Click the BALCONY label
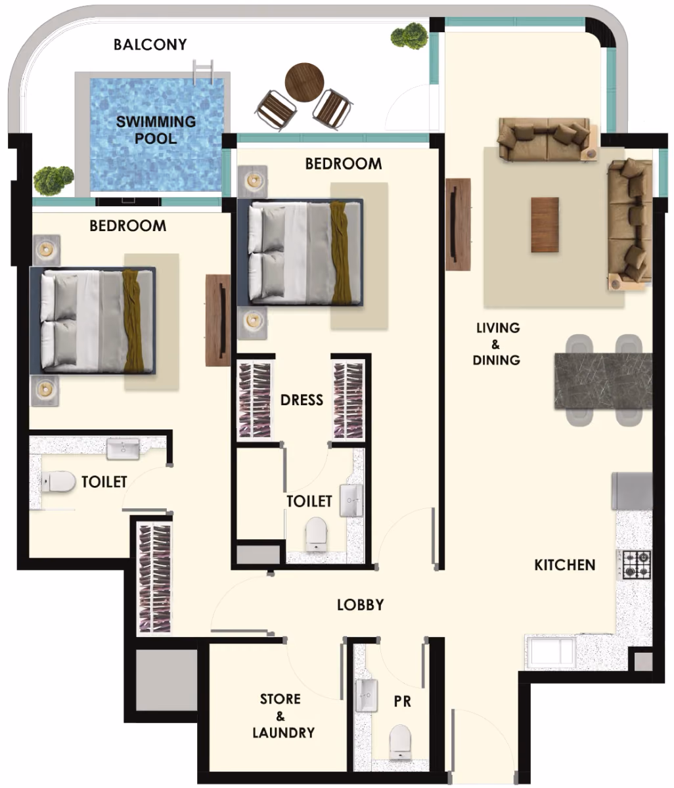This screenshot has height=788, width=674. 150,45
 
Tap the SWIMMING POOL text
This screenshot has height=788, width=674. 156,130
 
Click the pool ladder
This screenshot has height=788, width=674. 202,72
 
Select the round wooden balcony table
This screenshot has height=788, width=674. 304,82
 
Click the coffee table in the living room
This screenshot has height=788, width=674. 545,225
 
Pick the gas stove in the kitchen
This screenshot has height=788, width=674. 637,564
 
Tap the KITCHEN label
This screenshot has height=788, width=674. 564,565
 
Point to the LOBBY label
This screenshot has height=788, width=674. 361,605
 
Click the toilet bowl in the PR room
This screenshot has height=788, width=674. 400,741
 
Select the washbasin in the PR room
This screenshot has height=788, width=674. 367,695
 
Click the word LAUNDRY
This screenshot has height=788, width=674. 283,732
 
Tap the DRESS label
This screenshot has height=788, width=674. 302,400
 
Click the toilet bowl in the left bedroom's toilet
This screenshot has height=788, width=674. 58,481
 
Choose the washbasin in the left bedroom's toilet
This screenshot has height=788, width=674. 123,449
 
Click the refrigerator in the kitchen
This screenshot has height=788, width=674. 632,491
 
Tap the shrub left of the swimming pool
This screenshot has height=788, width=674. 53,180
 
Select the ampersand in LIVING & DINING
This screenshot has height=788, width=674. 495,345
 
